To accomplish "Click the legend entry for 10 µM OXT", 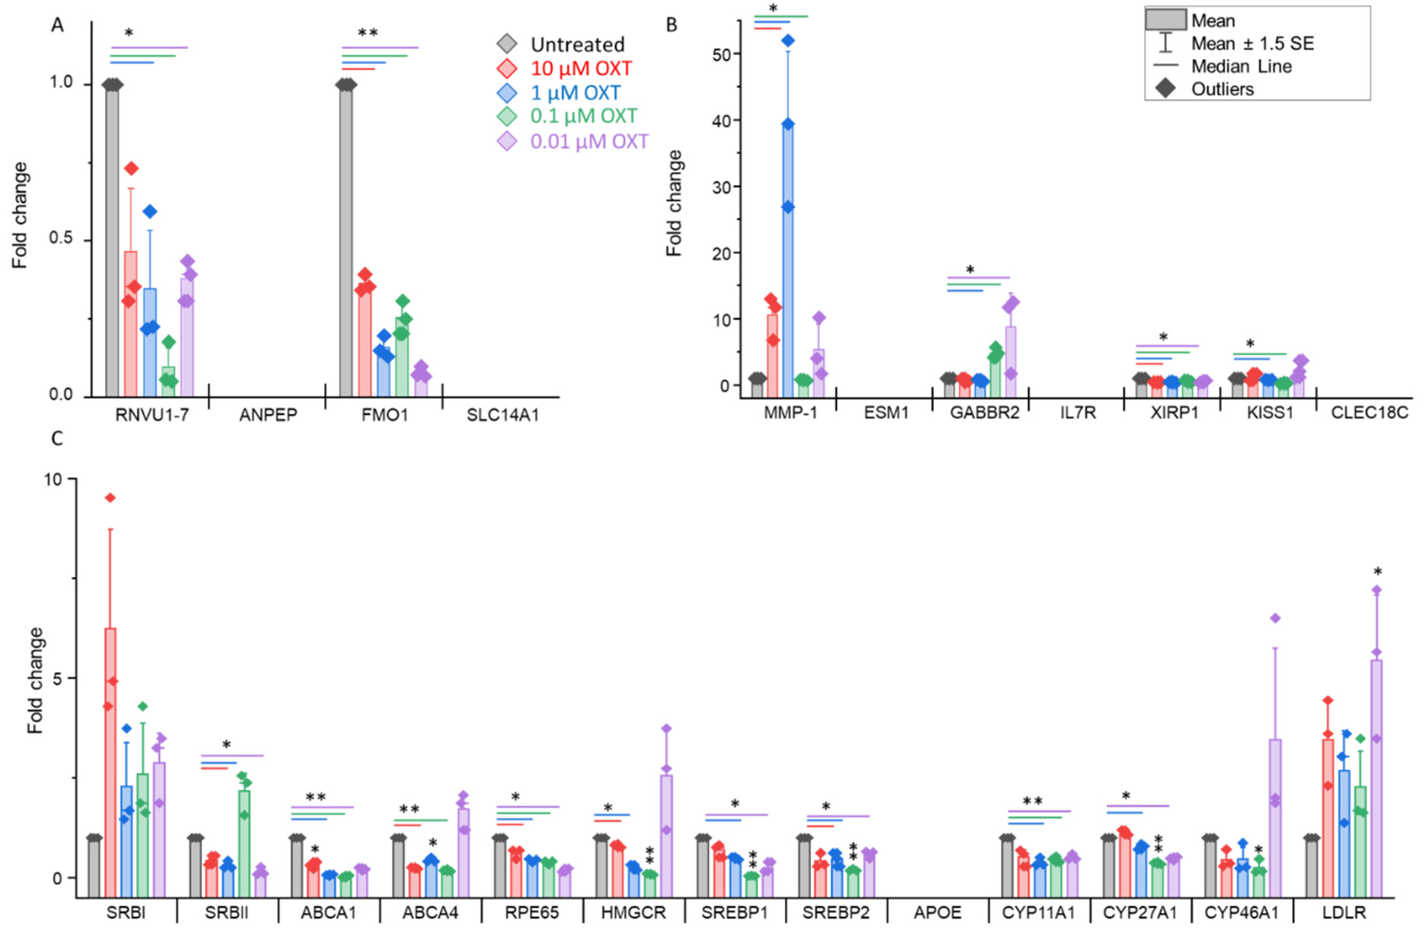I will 580,69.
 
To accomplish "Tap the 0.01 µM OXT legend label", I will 589,141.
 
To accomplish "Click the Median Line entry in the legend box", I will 1241,66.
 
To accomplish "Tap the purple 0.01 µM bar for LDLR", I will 1377,779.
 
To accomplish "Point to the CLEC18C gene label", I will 1370,413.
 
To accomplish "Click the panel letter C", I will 57,439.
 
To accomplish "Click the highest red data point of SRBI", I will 110,497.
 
